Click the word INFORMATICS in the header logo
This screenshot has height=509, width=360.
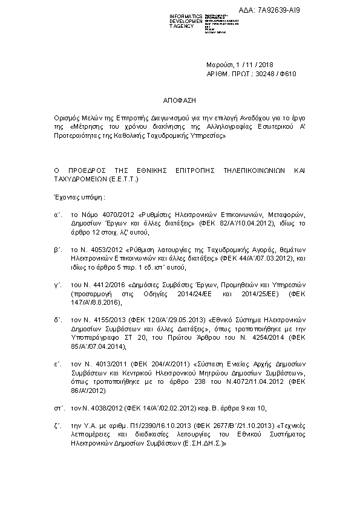(185, 15)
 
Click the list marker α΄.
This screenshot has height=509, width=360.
(57, 214)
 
